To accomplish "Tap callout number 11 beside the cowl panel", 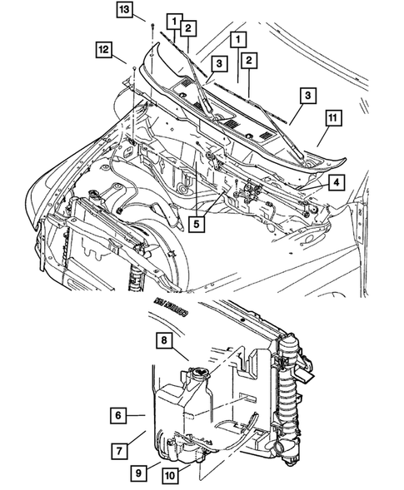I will (x=331, y=121).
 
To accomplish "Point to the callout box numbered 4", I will (x=335, y=182).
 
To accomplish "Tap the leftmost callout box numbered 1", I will (x=173, y=19).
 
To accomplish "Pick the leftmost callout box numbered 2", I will (x=190, y=30).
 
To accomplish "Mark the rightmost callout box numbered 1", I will (x=238, y=39).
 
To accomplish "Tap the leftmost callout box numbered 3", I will (x=218, y=63).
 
